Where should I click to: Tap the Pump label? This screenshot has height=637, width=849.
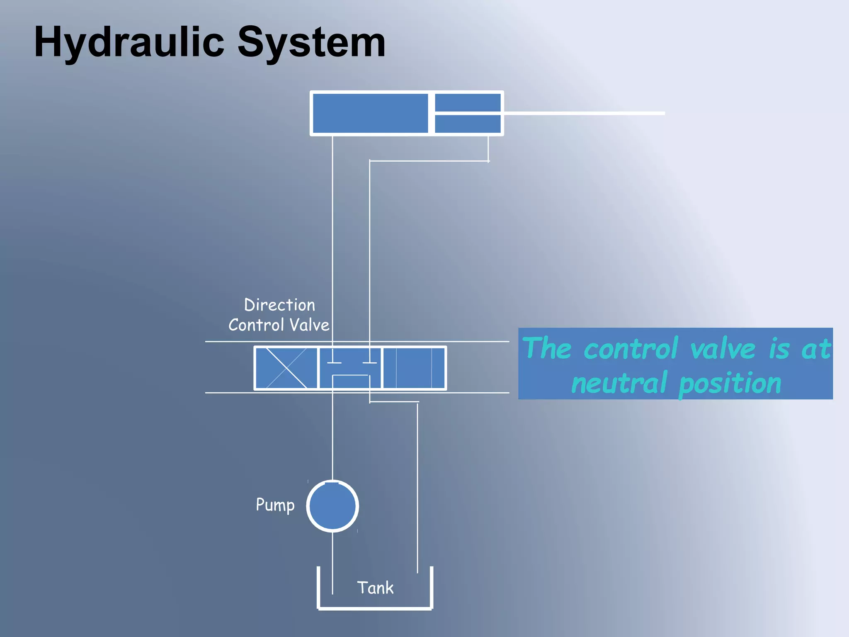point(275,505)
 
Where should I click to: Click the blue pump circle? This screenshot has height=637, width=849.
point(332,506)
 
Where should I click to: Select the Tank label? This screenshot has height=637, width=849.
point(375,588)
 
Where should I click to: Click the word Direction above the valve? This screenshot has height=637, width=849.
point(279,305)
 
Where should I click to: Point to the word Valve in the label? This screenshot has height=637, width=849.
point(309,325)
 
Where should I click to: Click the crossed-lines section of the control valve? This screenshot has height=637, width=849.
point(286,368)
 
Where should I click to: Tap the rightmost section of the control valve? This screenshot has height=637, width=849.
point(414,368)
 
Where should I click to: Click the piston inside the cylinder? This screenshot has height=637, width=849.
point(431,113)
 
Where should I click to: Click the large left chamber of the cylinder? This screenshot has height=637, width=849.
point(370,113)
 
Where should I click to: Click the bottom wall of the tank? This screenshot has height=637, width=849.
point(375,608)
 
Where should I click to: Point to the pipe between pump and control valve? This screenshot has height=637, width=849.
point(332,435)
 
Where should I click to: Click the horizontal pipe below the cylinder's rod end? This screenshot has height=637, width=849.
point(429,161)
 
